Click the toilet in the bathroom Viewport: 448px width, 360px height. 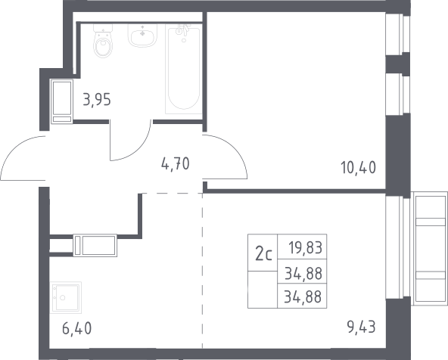103,41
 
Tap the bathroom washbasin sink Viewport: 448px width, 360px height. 142,36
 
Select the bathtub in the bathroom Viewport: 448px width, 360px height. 184,69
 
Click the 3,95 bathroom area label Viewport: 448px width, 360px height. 97,100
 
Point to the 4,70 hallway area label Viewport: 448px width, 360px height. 176,164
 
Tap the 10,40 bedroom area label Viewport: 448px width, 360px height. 358,168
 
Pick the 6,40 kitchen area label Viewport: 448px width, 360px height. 77,328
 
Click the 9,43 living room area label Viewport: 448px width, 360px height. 361,327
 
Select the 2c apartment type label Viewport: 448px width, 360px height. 263,254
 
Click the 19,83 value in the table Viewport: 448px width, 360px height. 306,247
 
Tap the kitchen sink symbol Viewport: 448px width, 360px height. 65,297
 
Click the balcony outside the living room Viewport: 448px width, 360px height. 429,248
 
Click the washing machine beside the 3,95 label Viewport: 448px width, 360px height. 62,101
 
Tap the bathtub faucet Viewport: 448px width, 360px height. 183,29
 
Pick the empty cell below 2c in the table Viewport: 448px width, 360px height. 263,290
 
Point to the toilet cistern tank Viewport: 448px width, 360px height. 103,28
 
